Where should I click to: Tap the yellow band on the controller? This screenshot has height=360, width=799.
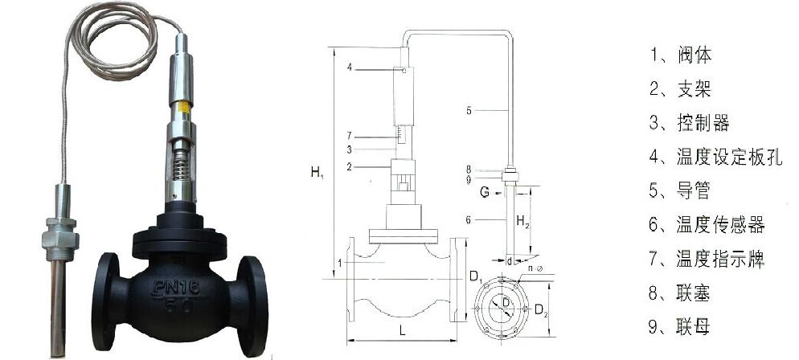pyautogui.click(x=182, y=104)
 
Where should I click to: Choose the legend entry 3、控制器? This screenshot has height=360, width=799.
pyautogui.click(x=689, y=123)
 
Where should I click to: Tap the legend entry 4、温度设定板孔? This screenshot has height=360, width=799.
pyautogui.click(x=715, y=157)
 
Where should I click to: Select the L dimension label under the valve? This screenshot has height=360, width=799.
pyautogui.click(x=402, y=331)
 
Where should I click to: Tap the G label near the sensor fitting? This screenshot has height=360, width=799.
pyautogui.click(x=484, y=193)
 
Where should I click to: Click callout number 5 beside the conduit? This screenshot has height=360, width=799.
pyautogui.click(x=469, y=111)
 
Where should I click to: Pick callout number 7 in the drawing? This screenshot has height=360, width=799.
pyautogui.click(x=350, y=134)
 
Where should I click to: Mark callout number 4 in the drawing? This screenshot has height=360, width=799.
pyautogui.click(x=350, y=69)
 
